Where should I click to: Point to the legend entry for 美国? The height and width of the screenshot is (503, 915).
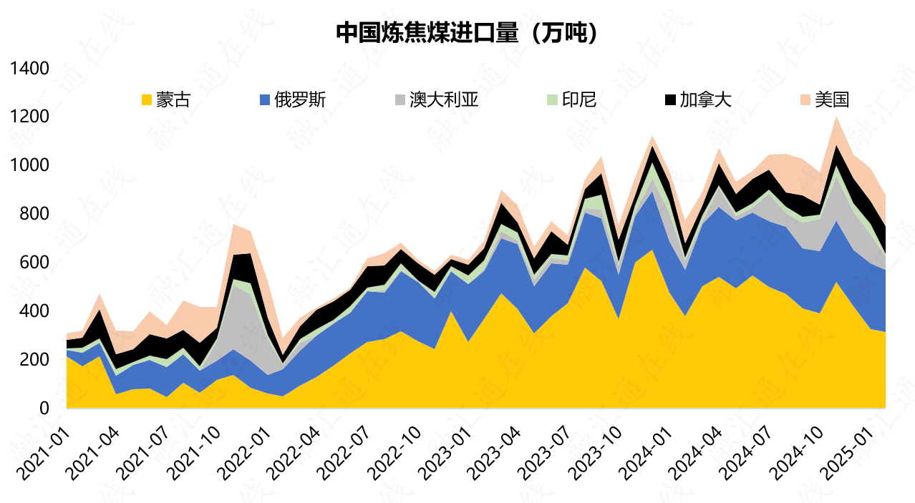836,99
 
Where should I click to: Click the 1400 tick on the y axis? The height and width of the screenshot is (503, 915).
29,69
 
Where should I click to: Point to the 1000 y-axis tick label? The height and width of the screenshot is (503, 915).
29,165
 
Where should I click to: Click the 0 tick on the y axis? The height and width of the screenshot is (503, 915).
44,408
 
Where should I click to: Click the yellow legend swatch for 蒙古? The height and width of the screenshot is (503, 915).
147,100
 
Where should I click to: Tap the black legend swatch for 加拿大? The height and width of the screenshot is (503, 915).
670,100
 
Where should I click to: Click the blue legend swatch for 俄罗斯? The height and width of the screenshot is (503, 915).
265,100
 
